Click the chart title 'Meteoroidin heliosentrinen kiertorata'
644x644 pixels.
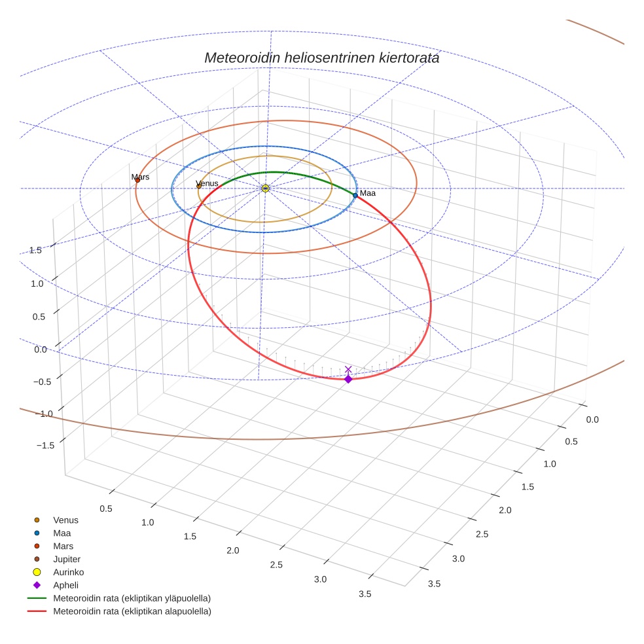click(x=321, y=58)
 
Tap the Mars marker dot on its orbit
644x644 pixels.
click(x=137, y=180)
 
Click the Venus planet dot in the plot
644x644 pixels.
click(x=199, y=187)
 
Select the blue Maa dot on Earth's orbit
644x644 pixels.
click(x=355, y=195)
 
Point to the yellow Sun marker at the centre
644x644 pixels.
click(x=265, y=188)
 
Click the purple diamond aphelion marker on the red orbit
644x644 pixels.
click(x=348, y=379)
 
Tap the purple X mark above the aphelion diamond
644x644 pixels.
click(x=348, y=370)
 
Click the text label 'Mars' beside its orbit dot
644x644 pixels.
click(x=140, y=177)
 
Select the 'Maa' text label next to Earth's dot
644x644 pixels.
click(x=367, y=193)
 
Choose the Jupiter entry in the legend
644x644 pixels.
click(x=66, y=559)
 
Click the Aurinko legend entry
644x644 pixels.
click(x=68, y=572)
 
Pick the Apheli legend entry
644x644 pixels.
click(x=65, y=585)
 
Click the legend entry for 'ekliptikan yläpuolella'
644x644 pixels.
click(x=132, y=598)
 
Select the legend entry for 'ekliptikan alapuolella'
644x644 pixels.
click(x=132, y=611)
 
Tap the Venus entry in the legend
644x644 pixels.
click(x=65, y=520)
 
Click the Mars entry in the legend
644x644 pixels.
click(x=63, y=546)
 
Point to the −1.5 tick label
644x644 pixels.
click(x=45, y=445)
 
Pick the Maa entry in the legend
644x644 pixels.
click(x=62, y=533)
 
